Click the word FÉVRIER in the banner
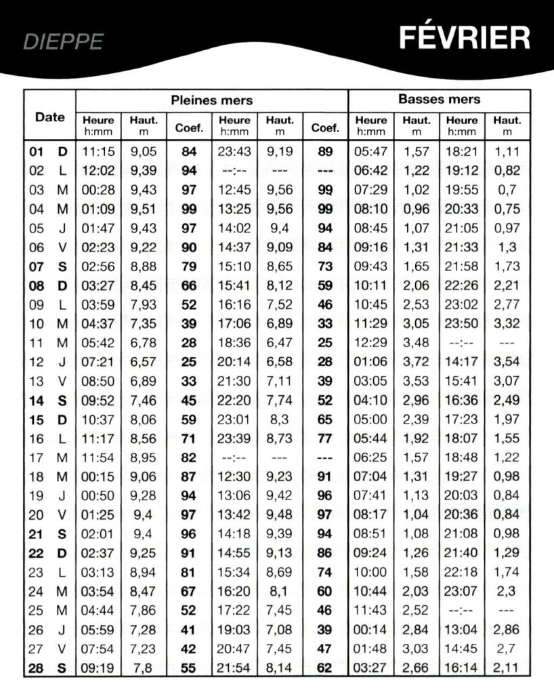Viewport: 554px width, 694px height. tap(464, 38)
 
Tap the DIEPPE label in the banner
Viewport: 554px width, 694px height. tap(64, 42)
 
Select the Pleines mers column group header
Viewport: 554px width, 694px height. tap(211, 100)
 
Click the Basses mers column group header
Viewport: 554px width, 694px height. tap(439, 99)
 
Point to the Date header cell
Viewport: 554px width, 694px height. tap(50, 117)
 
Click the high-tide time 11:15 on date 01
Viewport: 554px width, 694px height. tap(98, 152)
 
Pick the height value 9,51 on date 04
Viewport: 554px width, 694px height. tap(144, 209)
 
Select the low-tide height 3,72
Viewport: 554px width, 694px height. tap(416, 363)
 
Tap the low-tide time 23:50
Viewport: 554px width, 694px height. tap(462, 324)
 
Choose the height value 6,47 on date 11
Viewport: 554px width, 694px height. tap(279, 343)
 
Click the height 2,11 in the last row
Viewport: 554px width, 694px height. tap(507, 669)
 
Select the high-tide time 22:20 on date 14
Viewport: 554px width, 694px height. tap(234, 401)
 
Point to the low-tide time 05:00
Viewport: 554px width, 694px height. tap(370, 420)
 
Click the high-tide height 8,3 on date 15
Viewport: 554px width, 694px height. tap(279, 420)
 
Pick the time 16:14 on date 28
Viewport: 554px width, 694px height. tap(462, 669)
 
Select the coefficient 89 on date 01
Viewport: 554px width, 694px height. tap(325, 152)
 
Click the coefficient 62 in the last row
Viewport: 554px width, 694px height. tap(325, 669)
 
